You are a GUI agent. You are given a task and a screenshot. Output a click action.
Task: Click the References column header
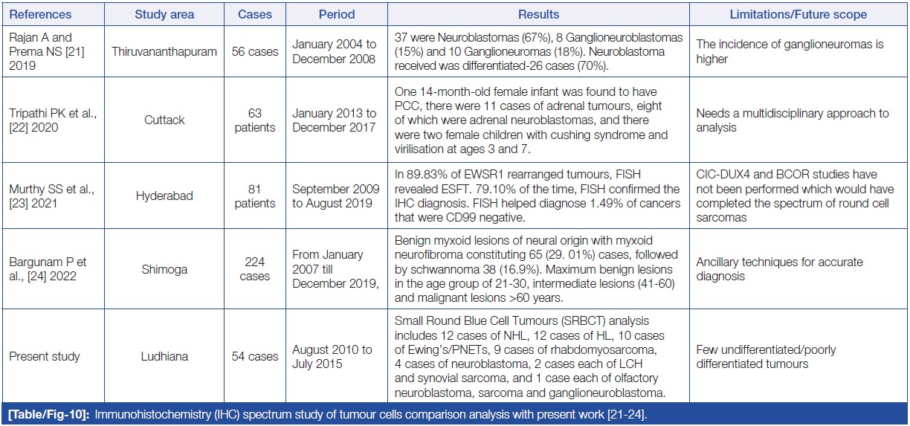click(x=41, y=14)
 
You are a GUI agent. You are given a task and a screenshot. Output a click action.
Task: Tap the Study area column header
click(x=165, y=14)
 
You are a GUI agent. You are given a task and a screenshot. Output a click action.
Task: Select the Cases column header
click(x=254, y=14)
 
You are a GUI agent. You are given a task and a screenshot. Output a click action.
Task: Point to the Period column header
click(x=336, y=14)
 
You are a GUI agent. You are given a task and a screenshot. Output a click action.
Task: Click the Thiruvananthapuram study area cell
click(x=165, y=51)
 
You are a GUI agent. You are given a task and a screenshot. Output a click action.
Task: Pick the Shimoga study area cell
click(x=165, y=267)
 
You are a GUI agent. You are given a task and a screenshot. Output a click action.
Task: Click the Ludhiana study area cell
click(x=165, y=356)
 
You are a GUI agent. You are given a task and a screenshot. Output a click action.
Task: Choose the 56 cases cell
click(x=254, y=51)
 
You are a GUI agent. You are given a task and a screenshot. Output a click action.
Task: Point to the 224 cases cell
click(x=254, y=267)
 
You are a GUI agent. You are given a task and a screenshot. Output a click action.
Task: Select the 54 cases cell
click(x=254, y=356)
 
